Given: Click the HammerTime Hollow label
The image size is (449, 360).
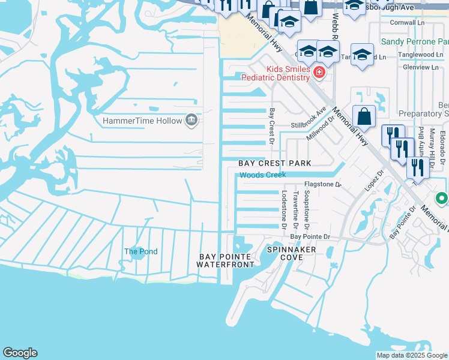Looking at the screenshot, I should coord(142,121).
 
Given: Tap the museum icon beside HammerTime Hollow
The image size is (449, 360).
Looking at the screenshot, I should coord(191,121).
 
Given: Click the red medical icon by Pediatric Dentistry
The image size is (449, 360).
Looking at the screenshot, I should coord(319,73).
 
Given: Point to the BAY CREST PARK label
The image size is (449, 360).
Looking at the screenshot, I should coord(275,163).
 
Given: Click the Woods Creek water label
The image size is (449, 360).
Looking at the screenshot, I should coord(262,175).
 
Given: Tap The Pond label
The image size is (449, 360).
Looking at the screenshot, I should coord(141,251).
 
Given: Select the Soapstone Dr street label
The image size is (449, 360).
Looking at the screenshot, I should coord(307,210).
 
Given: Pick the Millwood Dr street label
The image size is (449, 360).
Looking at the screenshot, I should coord(320,128).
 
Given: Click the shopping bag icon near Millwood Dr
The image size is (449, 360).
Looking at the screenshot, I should coord(364,117).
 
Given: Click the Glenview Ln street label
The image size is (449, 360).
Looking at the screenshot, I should coord(421,67).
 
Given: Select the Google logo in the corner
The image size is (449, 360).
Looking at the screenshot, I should coord(20,353).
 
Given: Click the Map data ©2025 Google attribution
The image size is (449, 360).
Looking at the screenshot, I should coord(411,355).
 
